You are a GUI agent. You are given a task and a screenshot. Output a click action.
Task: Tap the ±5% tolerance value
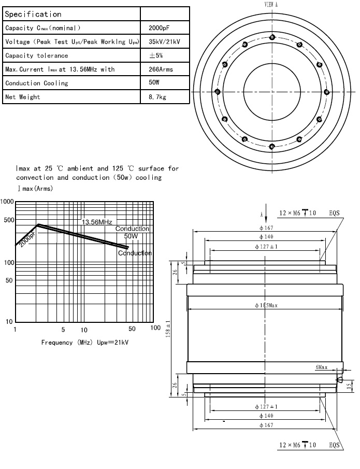click(156, 55)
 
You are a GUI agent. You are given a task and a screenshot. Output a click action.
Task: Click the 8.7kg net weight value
click(157, 97)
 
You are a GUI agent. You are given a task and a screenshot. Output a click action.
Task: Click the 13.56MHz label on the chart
click(97, 222)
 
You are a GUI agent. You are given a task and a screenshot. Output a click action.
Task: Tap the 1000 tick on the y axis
click(7, 202)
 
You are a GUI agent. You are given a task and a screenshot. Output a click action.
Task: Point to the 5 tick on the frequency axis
click(63, 329)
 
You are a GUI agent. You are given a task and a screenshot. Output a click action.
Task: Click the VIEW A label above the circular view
click(271, 4)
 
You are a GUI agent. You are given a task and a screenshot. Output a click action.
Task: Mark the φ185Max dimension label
click(266, 305)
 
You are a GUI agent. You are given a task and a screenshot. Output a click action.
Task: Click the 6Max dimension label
click(321, 367)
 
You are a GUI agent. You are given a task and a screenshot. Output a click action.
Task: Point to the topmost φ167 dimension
click(266, 228)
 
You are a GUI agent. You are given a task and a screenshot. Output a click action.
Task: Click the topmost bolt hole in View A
click(272, 36)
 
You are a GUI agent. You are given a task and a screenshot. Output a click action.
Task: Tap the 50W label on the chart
click(131, 236)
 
